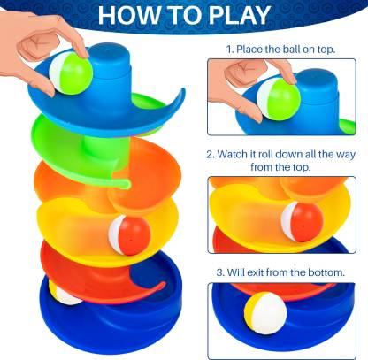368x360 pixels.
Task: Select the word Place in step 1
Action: point(249,49)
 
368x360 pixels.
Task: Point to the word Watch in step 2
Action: point(232,154)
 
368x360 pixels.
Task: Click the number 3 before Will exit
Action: point(220,272)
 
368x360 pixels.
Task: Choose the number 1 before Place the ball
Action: point(230,49)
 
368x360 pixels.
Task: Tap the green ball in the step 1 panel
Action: point(279,99)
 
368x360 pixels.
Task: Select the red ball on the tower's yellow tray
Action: point(129,234)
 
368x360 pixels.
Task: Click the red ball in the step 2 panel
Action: point(303,222)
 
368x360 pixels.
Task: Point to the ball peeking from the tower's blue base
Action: point(65,295)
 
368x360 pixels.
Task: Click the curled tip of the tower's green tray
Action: point(126,185)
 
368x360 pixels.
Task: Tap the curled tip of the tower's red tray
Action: point(162,285)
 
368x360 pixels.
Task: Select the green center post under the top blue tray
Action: point(100,148)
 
